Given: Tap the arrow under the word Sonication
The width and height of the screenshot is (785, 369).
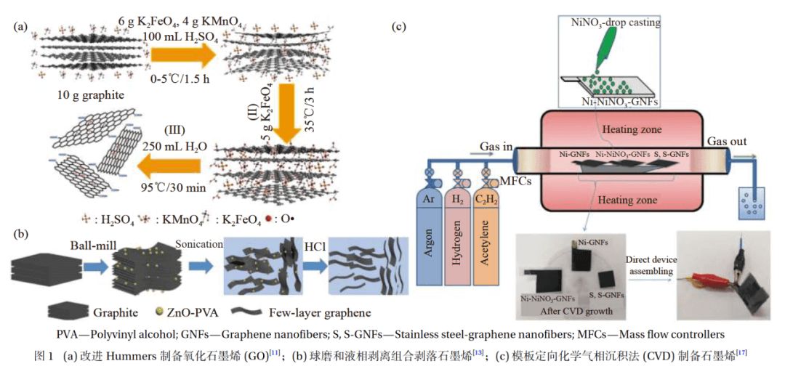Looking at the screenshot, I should pyautogui.click(x=197, y=266).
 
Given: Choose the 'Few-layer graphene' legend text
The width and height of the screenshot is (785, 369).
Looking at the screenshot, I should pyautogui.click(x=320, y=313).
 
